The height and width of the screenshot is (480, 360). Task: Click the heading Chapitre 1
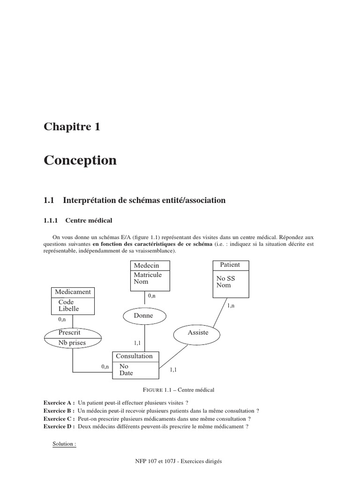pyautogui.click(x=72, y=127)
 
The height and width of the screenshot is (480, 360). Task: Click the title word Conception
pyautogui.click(x=80, y=160)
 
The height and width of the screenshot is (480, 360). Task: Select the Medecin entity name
pyautogui.click(x=146, y=265)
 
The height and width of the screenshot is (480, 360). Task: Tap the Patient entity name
pyautogui.click(x=230, y=265)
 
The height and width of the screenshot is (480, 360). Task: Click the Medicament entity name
pyautogui.click(x=73, y=292)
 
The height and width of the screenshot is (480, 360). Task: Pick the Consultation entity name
pyautogui.click(x=134, y=356)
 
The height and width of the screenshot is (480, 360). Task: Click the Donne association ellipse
pyautogui.click(x=143, y=316)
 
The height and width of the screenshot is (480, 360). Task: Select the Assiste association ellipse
pyautogui.click(x=197, y=332)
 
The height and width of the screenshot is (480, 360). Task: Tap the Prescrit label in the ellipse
pyautogui.click(x=69, y=332)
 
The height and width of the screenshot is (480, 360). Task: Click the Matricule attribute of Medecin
pyautogui.click(x=148, y=275)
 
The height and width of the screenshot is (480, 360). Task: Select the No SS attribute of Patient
pyautogui.click(x=225, y=278)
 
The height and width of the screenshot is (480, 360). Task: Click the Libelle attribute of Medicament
pyautogui.click(x=68, y=309)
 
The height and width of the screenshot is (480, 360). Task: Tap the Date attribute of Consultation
pyautogui.click(x=126, y=373)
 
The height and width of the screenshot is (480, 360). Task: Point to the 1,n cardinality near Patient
pyautogui.click(x=231, y=306)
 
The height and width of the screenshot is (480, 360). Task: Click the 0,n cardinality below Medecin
pyautogui.click(x=152, y=296)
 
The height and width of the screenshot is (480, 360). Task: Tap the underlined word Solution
pyautogui.click(x=64, y=444)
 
